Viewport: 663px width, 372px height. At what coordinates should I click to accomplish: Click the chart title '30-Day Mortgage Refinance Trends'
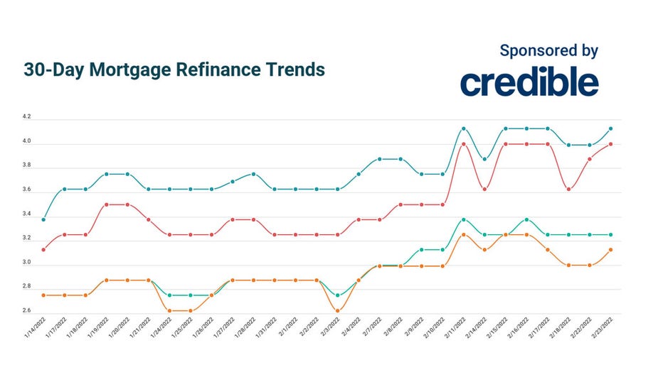point(174,70)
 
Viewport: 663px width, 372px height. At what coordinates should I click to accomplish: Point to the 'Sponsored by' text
point(548,50)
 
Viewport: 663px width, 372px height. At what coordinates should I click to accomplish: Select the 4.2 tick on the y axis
point(26,117)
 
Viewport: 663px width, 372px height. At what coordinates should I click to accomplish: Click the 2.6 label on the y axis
point(26,311)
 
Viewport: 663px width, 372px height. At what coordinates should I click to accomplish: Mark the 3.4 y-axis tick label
point(26,214)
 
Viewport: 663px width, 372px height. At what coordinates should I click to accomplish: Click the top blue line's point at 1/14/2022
point(44,219)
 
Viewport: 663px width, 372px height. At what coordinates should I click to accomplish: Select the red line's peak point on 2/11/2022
point(463,144)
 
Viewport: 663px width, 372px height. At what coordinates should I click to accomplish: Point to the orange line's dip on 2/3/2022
point(337,310)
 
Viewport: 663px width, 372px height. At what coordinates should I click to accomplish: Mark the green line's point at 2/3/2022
point(337,295)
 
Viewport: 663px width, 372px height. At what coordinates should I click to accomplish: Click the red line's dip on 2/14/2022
point(484,189)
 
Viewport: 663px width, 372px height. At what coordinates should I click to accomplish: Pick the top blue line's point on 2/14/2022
point(484,159)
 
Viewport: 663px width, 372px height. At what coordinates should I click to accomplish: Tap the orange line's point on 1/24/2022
point(169,310)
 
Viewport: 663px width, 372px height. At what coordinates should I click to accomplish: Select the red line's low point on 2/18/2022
point(568,189)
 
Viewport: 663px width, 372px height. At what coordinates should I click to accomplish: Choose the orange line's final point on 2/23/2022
point(610,250)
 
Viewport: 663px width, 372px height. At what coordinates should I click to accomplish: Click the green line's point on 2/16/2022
point(526,219)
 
